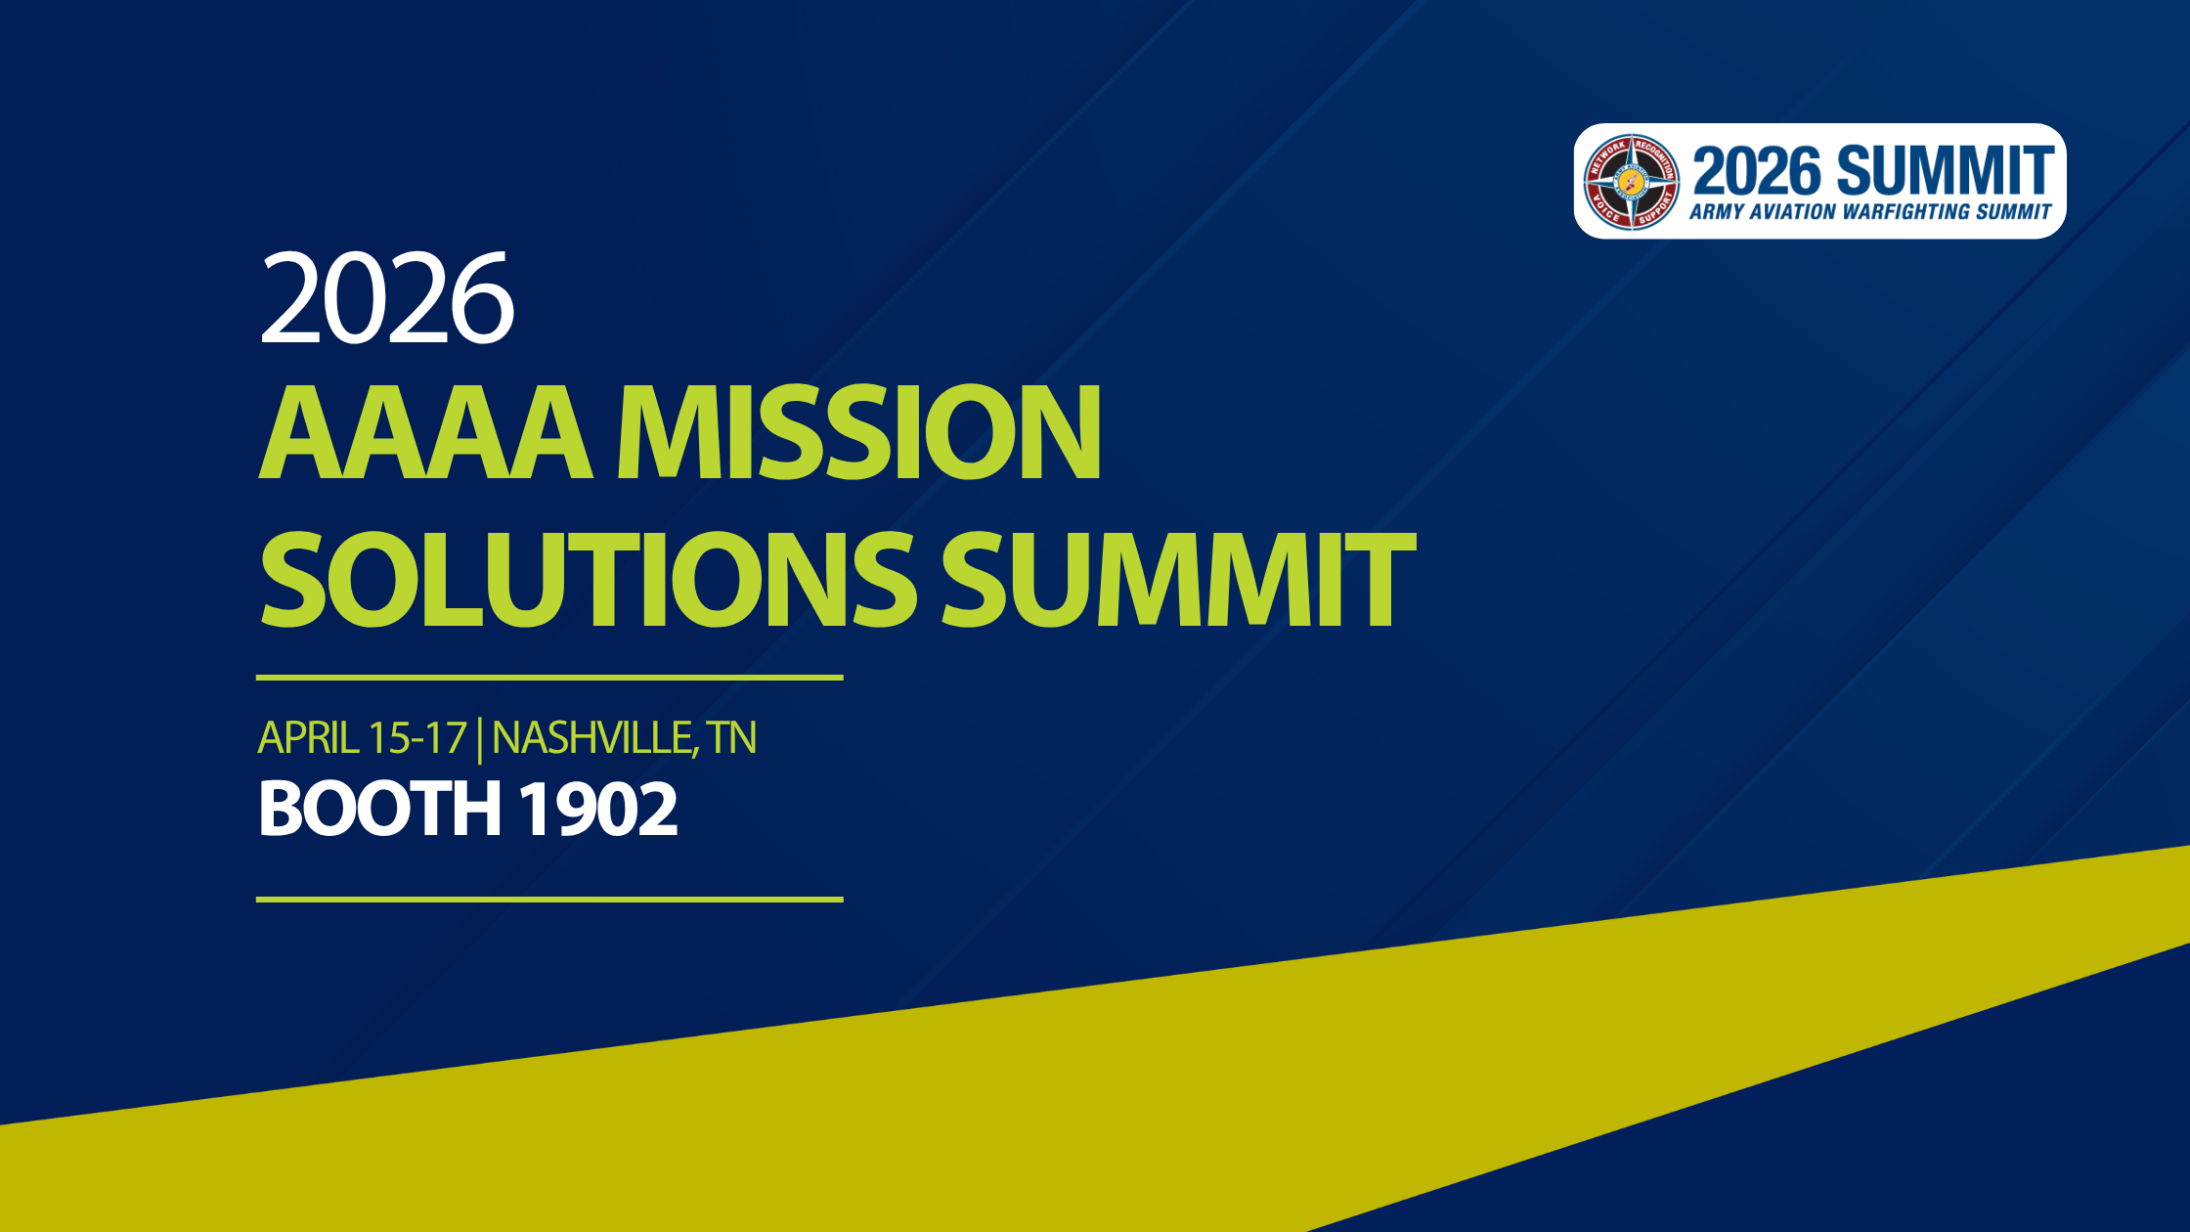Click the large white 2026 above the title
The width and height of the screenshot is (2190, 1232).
[386, 298]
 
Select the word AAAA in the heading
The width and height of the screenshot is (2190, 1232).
[424, 432]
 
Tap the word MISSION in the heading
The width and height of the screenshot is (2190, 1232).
[858, 432]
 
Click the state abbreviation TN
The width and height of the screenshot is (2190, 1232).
[732, 738]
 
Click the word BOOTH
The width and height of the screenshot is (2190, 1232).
[378, 810]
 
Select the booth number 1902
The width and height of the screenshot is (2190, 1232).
[597, 810]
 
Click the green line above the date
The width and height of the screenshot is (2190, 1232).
[549, 677]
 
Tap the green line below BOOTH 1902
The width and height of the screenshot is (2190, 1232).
[549, 899]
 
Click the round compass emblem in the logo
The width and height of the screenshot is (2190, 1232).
[1631, 182]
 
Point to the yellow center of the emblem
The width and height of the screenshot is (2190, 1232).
[1631, 182]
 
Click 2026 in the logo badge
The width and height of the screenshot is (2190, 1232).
[1757, 172]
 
